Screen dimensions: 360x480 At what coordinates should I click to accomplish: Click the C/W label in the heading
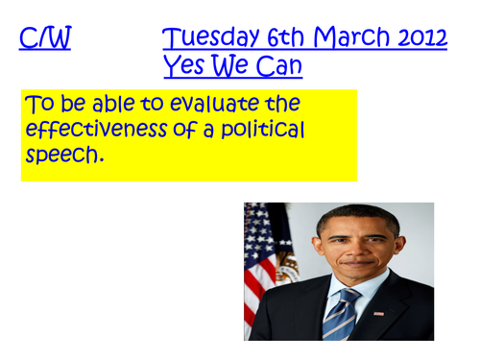[x=45, y=39]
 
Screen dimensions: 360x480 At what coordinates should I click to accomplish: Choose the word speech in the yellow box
[x=61, y=156]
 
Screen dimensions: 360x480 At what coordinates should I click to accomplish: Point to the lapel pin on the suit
[x=380, y=314]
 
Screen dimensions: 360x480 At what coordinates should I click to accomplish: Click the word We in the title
[x=229, y=66]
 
